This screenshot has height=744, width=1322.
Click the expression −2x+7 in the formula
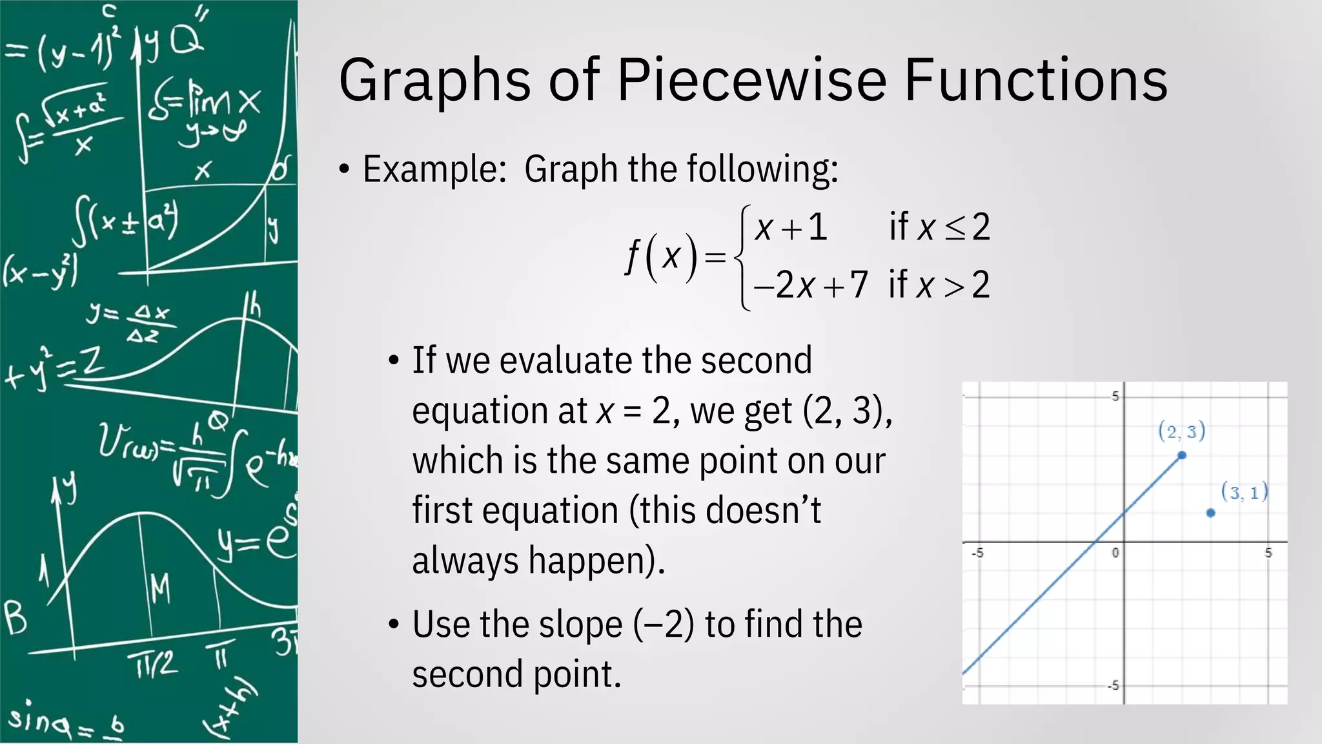(x=811, y=285)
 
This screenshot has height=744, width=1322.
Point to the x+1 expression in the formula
(x=791, y=227)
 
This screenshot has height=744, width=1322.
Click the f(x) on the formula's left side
(x=662, y=256)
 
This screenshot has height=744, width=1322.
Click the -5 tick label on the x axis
(x=978, y=553)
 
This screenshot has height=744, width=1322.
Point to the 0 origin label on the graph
(x=1115, y=553)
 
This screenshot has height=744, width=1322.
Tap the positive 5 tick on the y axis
(x=1115, y=397)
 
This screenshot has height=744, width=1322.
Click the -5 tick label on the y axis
(x=1113, y=685)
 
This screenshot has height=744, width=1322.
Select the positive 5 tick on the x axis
(x=1268, y=553)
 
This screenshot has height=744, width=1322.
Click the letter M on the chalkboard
(x=160, y=588)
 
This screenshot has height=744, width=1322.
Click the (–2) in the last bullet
(x=664, y=625)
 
